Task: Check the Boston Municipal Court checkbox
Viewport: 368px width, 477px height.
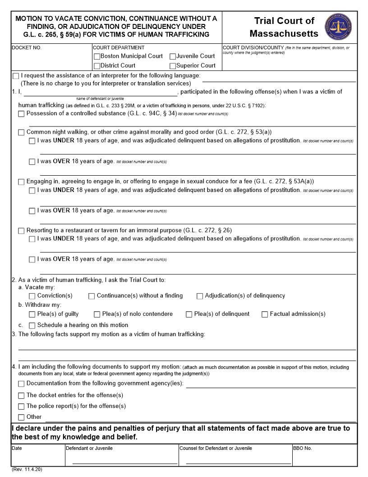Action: point(97,56)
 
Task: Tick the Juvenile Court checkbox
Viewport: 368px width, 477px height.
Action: point(173,56)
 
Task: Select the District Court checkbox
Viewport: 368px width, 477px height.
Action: point(97,65)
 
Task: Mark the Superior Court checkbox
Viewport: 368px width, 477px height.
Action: point(173,65)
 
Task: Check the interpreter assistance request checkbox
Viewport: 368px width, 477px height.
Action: point(16,76)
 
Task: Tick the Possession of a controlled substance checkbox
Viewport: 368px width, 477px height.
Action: point(21,114)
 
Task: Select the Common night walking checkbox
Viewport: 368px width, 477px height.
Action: point(21,133)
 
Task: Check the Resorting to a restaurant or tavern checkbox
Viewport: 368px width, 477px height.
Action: point(21,231)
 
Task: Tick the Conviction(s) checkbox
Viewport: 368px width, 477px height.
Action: point(32,296)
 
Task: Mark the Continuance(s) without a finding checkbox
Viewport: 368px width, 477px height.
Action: point(92,296)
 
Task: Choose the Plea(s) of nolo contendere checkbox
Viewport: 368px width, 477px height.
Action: point(97,314)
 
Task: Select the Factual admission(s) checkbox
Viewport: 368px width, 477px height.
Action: point(265,314)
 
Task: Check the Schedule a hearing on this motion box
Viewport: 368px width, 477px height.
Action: point(32,326)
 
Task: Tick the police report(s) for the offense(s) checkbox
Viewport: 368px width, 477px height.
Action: point(21,407)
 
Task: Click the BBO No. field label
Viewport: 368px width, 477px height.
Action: point(302,448)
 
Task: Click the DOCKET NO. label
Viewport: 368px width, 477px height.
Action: point(26,47)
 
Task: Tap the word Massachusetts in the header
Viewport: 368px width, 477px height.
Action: point(284,34)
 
